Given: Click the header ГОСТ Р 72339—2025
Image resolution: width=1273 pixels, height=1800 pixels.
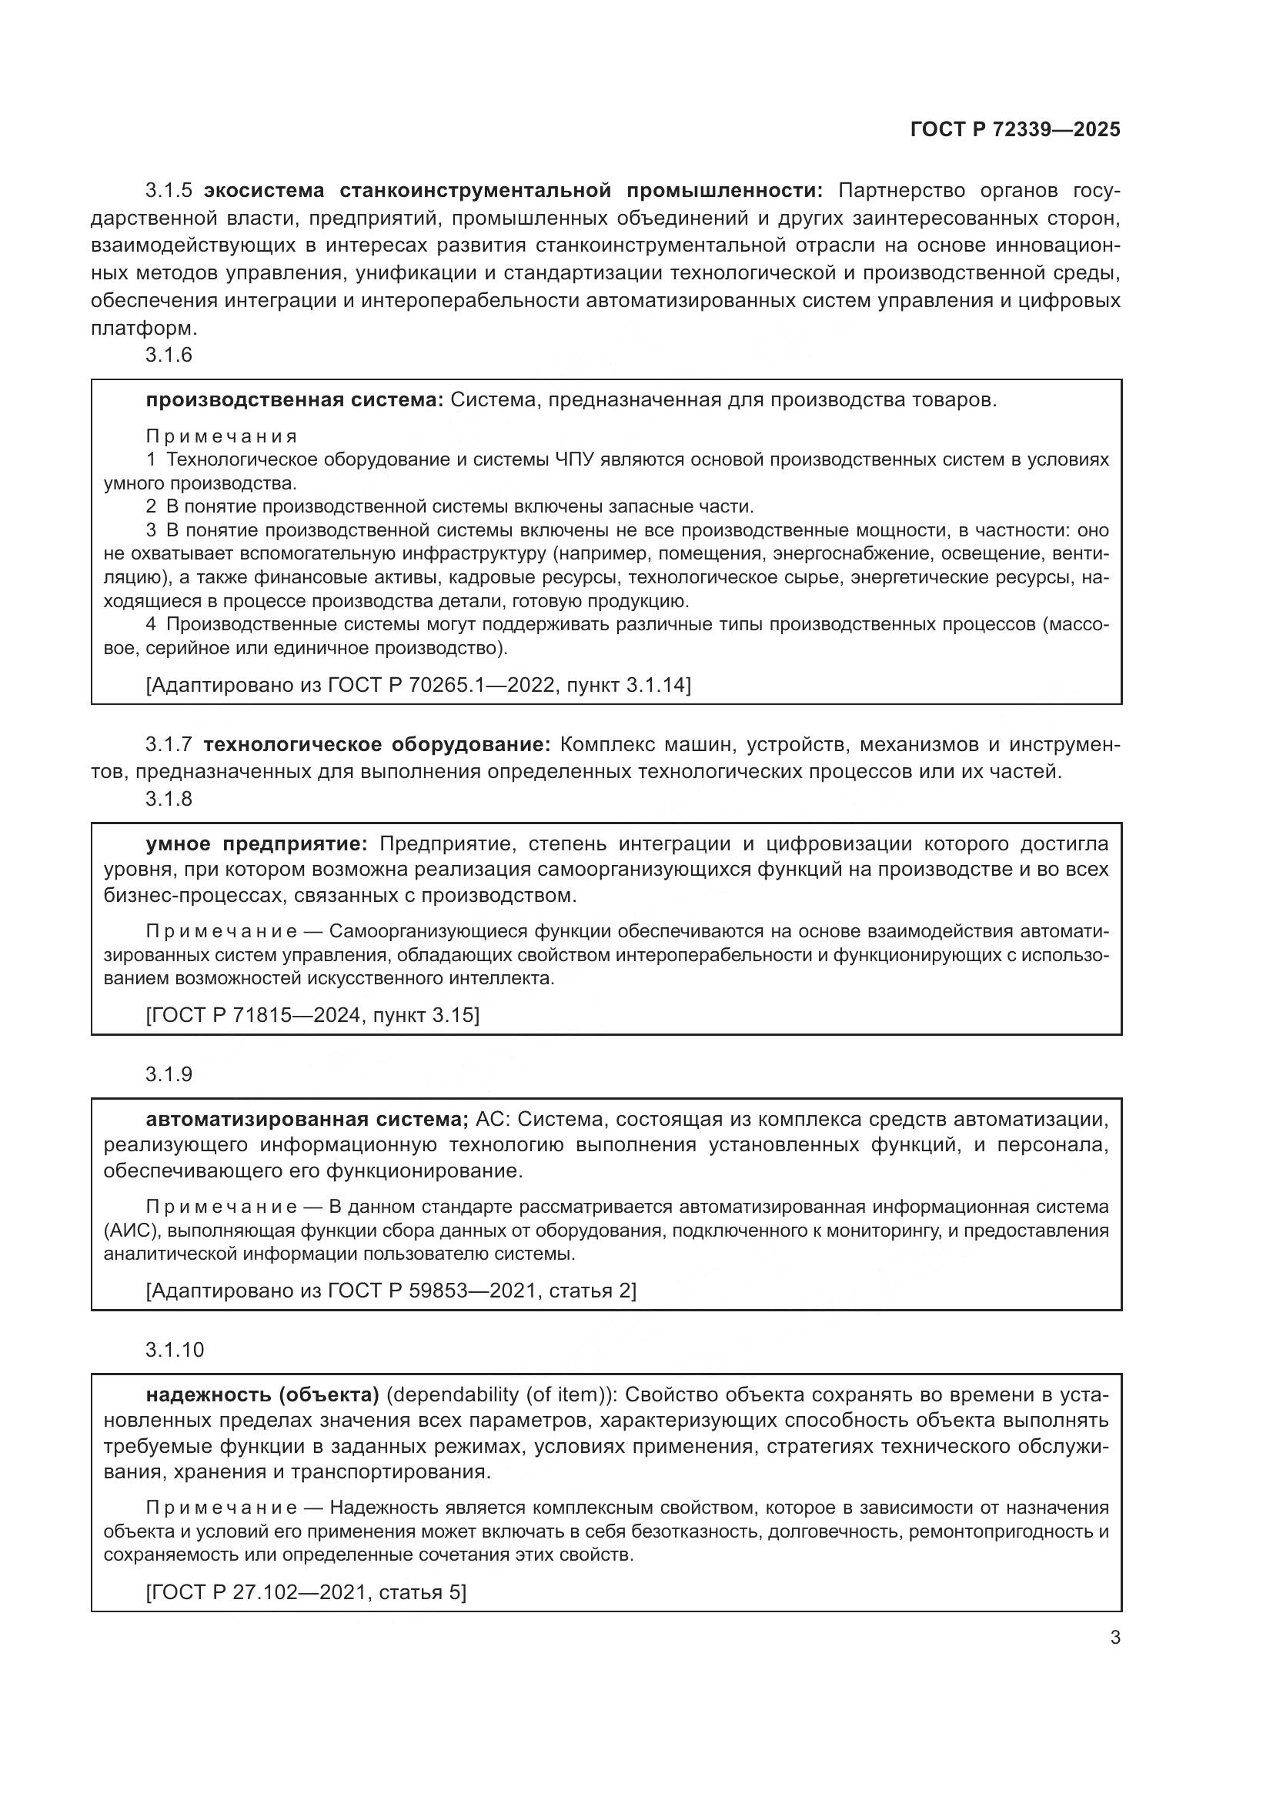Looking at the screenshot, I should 1014,130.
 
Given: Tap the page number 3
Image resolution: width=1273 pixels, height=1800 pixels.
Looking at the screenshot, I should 1114,1638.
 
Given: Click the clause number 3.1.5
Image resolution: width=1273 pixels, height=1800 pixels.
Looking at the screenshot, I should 169,191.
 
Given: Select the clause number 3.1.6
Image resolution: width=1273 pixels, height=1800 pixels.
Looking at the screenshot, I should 169,355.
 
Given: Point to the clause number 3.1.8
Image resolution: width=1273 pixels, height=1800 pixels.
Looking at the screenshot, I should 169,799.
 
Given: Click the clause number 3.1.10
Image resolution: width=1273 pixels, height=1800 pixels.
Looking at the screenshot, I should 174,1349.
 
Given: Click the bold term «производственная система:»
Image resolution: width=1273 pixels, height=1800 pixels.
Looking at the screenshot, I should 295,401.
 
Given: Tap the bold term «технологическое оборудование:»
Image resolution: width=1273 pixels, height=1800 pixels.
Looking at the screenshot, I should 377,744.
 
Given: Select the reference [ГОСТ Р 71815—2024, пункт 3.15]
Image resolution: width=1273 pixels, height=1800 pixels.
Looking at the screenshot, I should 312,1015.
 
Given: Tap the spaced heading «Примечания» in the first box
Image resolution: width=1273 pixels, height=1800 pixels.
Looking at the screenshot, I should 221,436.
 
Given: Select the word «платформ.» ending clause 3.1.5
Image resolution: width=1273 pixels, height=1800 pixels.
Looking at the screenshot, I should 144,328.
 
